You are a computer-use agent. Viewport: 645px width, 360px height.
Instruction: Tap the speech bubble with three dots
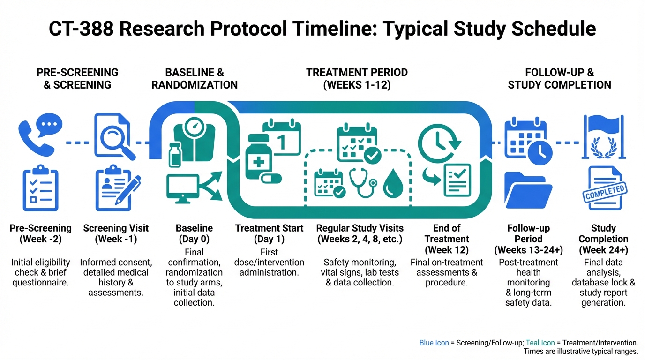tap(49, 125)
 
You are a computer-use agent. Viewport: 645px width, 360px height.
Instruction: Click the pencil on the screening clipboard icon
tap(128, 190)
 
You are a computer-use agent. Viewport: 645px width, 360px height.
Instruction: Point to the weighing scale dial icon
tap(195, 127)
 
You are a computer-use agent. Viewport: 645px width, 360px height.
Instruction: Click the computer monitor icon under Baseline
tap(182, 189)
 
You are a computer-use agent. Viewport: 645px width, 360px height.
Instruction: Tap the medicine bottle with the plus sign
tap(258, 157)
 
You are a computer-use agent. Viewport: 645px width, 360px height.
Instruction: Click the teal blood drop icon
tap(393, 183)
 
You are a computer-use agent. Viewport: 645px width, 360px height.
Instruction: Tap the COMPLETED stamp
tap(605, 192)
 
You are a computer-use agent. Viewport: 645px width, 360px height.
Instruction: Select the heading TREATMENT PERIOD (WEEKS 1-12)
tap(357, 79)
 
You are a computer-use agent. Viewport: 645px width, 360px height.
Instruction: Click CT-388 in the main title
tap(81, 29)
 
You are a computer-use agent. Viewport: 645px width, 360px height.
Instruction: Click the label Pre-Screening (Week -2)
tap(41, 233)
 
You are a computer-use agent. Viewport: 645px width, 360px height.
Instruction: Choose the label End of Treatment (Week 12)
tap(447, 239)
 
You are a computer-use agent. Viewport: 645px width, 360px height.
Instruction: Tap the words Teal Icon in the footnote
tap(540, 343)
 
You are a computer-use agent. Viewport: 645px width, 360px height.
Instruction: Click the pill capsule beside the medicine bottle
tap(271, 179)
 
